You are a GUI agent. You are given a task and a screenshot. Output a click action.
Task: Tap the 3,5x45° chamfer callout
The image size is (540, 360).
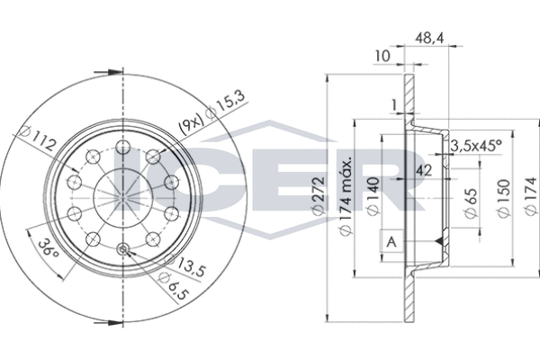[475, 144]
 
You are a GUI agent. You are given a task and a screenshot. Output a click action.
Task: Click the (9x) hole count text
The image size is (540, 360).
[191, 122]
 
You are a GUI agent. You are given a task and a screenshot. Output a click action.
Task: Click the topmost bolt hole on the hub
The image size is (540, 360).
[121, 149]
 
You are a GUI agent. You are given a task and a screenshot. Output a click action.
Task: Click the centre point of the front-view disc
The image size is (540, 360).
[121, 197]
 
